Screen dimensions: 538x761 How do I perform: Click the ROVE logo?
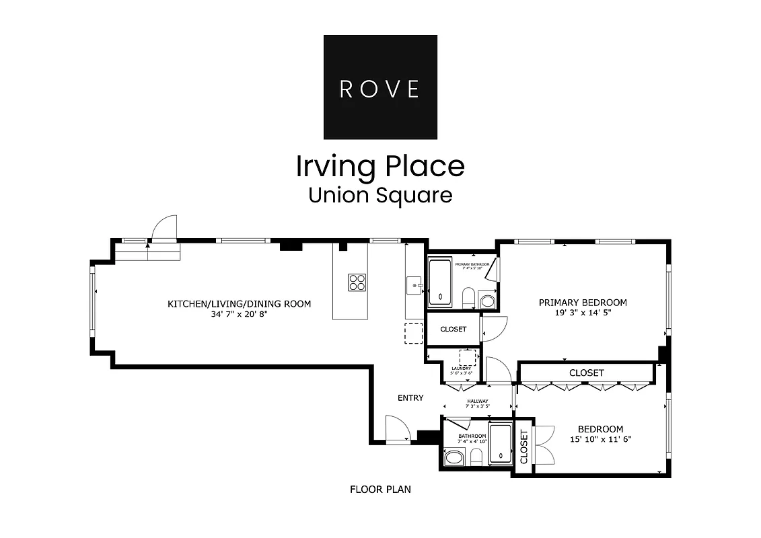(380, 87)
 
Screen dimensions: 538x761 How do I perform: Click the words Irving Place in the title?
(380, 166)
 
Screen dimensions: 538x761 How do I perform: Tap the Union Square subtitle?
(380, 195)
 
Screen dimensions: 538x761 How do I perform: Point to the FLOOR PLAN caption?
(380, 490)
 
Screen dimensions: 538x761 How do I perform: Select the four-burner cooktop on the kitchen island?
(357, 282)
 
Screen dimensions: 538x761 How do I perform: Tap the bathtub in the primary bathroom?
(441, 282)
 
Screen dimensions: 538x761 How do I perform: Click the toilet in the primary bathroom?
(468, 297)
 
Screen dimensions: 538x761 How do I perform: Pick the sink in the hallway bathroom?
(454, 458)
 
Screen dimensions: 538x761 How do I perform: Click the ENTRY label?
(410, 398)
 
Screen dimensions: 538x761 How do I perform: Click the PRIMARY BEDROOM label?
(583, 303)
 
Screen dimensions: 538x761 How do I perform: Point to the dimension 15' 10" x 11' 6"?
(600, 439)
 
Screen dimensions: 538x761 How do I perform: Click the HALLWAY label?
(478, 401)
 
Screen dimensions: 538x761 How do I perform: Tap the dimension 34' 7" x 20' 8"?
(239, 314)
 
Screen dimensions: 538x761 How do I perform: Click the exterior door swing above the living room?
(164, 229)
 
